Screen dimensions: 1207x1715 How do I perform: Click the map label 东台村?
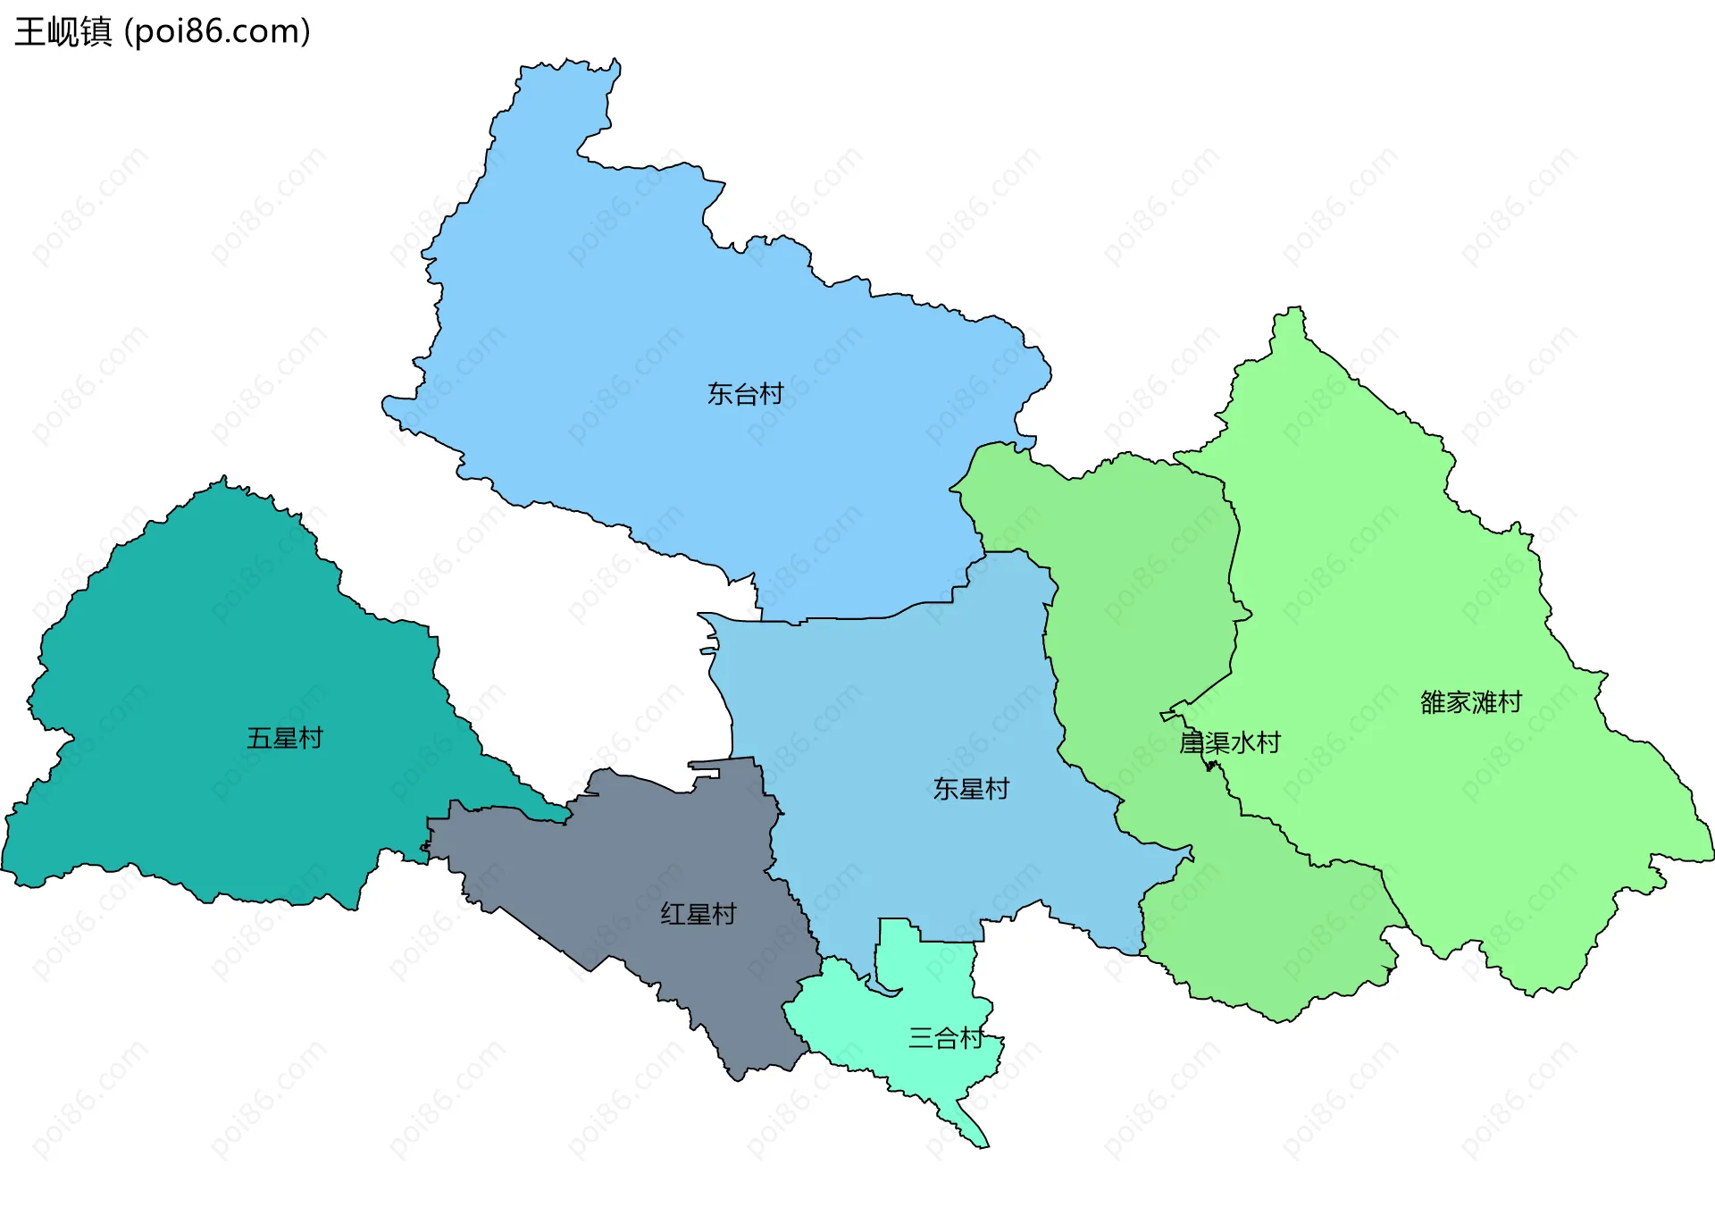click(x=745, y=394)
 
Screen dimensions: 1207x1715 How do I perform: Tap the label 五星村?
click(x=284, y=738)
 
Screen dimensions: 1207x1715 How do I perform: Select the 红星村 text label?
click(x=698, y=914)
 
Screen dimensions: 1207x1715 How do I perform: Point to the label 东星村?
click(x=970, y=789)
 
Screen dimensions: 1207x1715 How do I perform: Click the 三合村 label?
click(x=945, y=1037)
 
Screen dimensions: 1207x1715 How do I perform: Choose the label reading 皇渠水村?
click(x=1229, y=742)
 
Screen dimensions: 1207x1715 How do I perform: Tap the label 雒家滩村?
click(x=1470, y=702)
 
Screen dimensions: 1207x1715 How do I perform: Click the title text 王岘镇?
click(x=63, y=31)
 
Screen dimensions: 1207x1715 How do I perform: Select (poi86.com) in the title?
click(x=217, y=31)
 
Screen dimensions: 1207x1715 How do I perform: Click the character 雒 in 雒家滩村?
click(x=1433, y=702)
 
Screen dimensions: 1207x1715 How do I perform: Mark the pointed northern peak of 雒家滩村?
click(x=1294, y=308)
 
